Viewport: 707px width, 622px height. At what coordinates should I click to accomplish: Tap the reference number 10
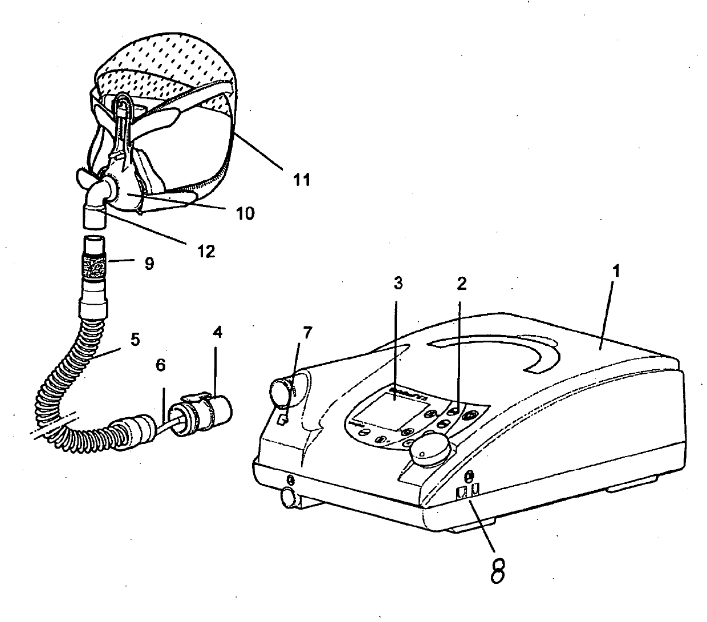246,213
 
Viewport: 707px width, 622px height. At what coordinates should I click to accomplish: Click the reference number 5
135,340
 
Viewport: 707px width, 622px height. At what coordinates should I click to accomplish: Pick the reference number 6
160,366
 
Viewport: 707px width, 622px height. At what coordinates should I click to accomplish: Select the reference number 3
397,282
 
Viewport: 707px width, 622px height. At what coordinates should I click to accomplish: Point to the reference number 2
462,282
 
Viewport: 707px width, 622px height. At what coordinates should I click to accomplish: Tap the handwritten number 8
498,569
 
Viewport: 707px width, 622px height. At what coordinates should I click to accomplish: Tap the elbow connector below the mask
98,197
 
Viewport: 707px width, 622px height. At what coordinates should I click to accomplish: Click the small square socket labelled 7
282,421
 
